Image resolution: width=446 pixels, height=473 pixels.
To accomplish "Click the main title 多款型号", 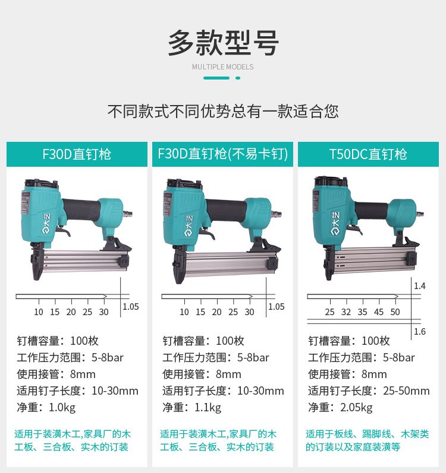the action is (223, 43).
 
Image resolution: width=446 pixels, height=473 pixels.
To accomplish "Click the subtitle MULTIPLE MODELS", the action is (222, 66).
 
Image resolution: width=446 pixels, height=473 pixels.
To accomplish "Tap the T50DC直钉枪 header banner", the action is (368, 154).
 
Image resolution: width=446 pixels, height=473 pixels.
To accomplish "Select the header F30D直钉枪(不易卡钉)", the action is (222, 154).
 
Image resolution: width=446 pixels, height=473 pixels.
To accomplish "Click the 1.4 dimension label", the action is (419, 285).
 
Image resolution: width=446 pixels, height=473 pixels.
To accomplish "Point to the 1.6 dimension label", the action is (419, 332).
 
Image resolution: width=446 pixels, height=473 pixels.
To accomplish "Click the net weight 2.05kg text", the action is (340, 408).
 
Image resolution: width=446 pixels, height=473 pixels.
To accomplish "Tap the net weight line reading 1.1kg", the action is (192, 408).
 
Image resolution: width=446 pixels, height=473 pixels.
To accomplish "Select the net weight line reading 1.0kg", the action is (46, 408).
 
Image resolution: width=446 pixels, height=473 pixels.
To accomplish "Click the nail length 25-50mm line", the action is (369, 391).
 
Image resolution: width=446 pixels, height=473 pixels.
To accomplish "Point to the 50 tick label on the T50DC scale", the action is (395, 312).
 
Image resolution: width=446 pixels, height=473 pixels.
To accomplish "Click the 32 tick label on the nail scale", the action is (346, 312).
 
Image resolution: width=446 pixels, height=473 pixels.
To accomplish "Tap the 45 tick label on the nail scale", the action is (379, 312).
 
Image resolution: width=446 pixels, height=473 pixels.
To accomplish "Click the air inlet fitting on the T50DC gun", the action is (420, 214).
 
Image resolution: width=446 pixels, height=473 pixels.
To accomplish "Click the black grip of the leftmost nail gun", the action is (81, 210).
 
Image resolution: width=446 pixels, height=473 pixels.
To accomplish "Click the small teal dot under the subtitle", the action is (238, 78).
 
